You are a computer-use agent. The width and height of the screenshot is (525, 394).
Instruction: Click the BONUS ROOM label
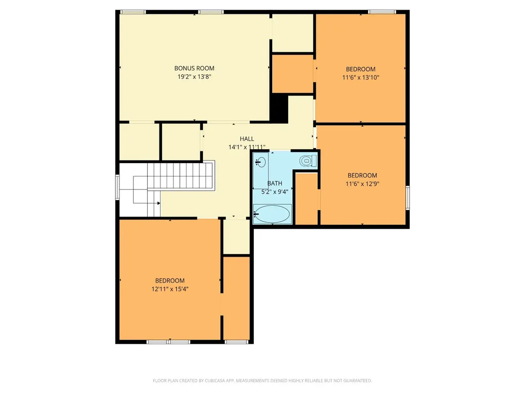click(x=194, y=68)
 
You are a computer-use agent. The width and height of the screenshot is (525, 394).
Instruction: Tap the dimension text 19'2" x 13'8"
click(x=194, y=77)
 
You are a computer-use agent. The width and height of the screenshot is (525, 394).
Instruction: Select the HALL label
click(x=247, y=139)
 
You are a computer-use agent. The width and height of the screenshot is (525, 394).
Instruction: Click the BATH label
click(x=275, y=183)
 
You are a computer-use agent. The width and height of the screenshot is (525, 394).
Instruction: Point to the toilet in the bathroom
click(x=308, y=161)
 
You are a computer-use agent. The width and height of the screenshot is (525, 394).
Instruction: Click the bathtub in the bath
click(x=272, y=214)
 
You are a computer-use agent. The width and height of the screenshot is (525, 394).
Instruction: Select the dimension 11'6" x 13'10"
click(x=360, y=77)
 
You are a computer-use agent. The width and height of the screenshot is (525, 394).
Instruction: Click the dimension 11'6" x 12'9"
click(x=362, y=184)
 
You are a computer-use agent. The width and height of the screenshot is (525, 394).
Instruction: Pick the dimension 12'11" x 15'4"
click(x=170, y=289)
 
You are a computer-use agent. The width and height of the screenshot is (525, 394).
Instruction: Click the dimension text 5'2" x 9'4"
click(x=275, y=192)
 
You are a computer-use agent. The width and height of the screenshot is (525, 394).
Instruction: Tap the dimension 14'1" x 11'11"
click(x=247, y=147)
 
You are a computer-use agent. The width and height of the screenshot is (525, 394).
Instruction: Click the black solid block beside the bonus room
click(x=279, y=108)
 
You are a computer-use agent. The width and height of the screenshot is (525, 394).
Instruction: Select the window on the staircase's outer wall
click(x=117, y=187)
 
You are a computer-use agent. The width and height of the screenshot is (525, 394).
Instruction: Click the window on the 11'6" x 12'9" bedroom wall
click(x=408, y=198)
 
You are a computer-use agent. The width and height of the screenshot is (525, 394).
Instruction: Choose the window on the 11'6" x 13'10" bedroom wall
click(x=381, y=12)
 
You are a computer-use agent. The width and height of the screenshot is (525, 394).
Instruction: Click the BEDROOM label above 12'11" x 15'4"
click(x=170, y=281)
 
